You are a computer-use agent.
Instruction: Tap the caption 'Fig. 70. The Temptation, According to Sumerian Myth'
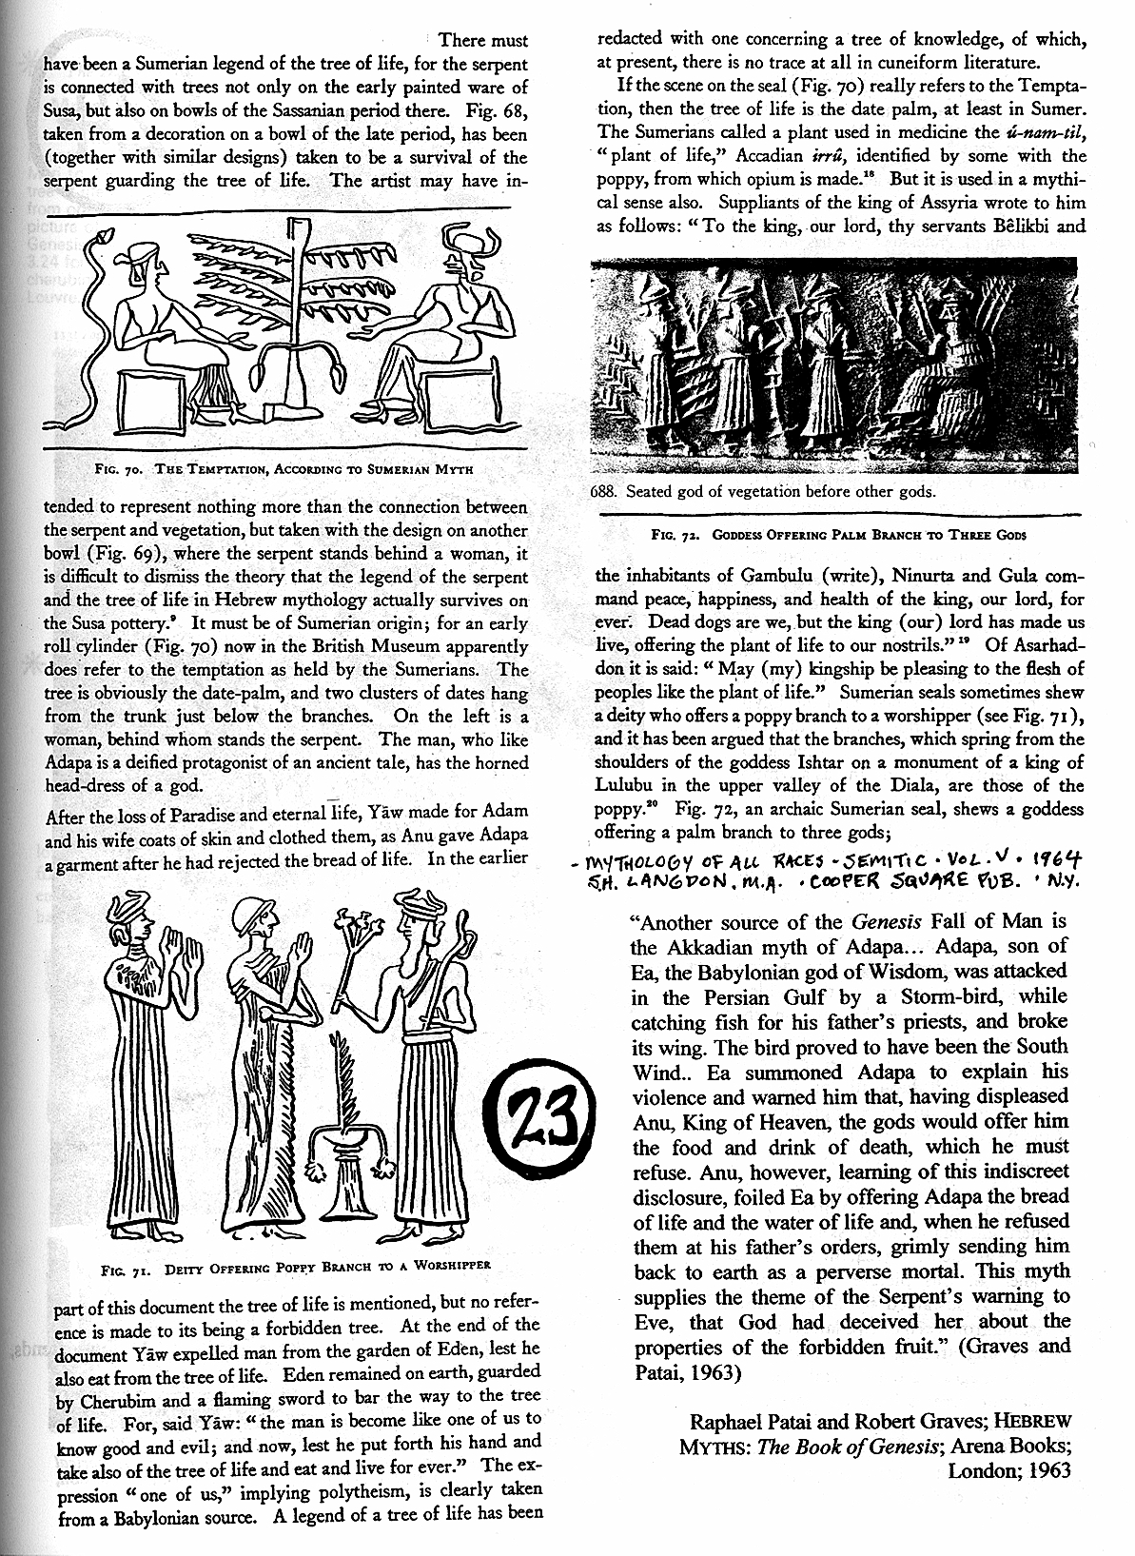[284, 468]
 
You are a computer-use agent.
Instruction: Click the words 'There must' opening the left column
[483, 41]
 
